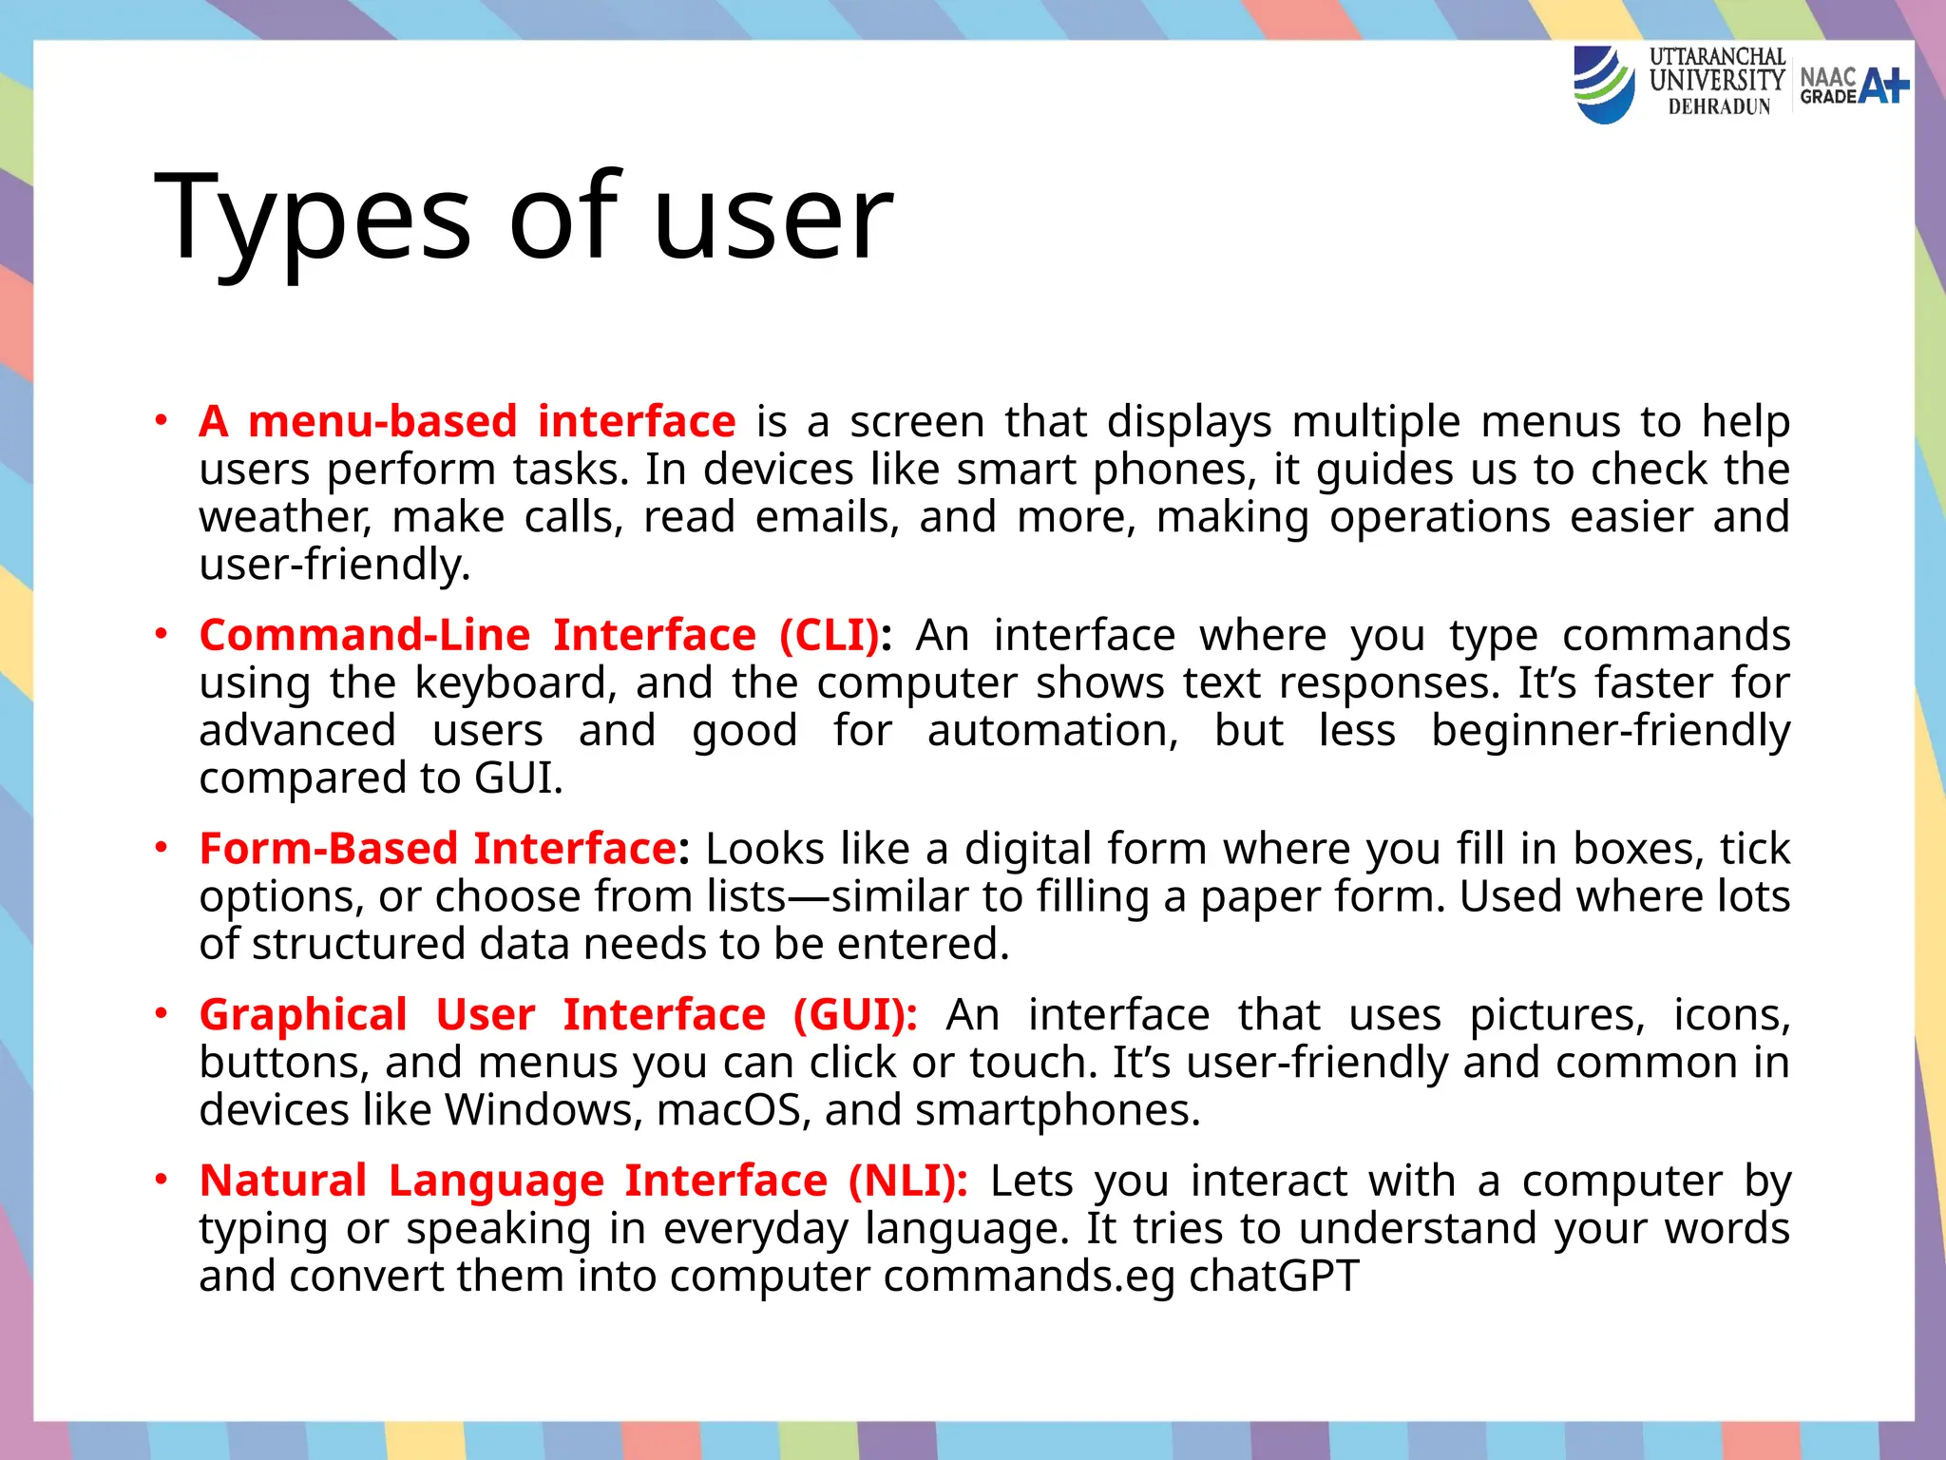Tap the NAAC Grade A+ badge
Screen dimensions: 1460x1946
[1854, 86]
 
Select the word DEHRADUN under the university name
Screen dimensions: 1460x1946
[1719, 107]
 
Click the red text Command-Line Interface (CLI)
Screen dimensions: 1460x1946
[540, 635]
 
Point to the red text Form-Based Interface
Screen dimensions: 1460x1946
[438, 848]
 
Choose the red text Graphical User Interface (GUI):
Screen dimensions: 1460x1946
[558, 1014]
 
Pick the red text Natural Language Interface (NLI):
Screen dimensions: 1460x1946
[583, 1181]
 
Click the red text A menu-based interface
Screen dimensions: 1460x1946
[467, 421]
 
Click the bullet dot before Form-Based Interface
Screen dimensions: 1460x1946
[162, 846]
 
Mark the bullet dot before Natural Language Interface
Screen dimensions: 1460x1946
[162, 1179]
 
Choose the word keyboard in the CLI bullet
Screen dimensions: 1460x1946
[513, 683]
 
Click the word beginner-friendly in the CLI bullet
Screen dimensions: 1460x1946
[1610, 731]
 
